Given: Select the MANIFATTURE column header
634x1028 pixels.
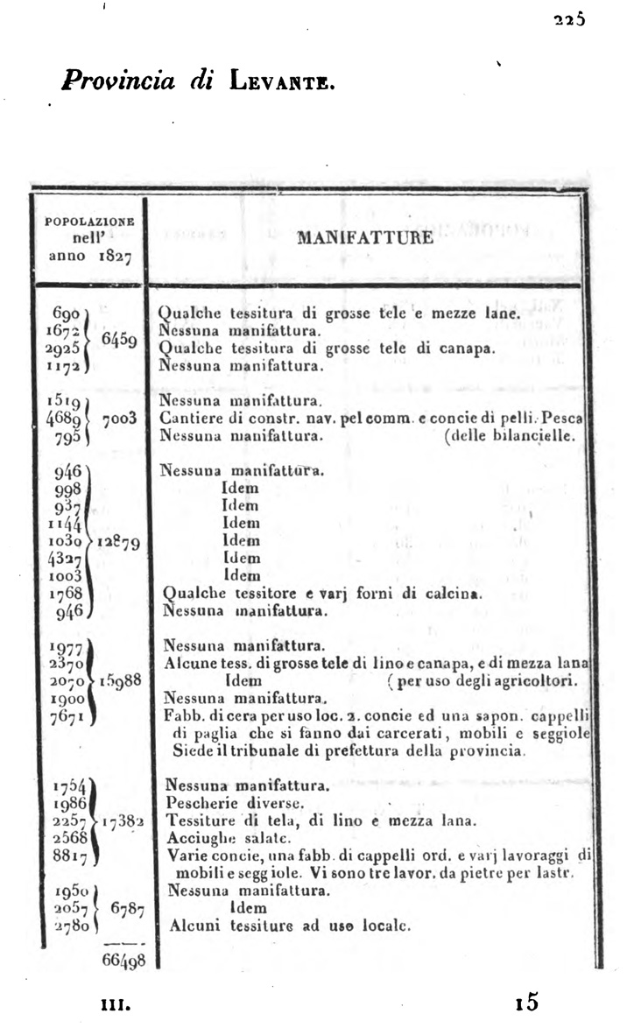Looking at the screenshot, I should (364, 237).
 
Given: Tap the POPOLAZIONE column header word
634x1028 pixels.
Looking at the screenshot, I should (89, 222).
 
